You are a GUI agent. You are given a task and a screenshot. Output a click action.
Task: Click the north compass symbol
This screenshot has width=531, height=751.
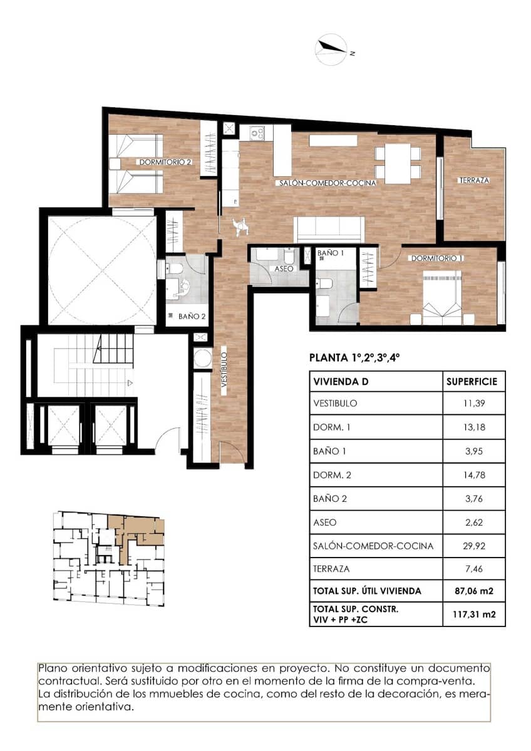tap(332, 51)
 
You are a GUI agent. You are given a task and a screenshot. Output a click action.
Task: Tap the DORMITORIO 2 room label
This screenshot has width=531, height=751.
tap(165, 161)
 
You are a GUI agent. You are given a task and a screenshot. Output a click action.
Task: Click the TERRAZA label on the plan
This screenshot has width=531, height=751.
tap(473, 180)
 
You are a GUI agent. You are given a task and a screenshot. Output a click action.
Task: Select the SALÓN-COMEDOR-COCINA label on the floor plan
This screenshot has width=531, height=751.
tap(327, 183)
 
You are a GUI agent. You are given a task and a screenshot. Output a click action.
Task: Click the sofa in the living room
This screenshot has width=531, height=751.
tap(330, 228)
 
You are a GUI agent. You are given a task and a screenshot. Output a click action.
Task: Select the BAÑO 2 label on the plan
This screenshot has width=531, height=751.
tap(192, 317)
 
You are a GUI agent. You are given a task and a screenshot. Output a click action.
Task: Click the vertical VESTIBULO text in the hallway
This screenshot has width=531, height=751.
tap(224, 372)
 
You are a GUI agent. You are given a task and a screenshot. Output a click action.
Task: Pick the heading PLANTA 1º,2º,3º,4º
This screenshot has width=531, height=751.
tap(354, 359)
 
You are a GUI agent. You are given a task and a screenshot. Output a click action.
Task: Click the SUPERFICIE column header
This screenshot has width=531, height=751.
tap(471, 381)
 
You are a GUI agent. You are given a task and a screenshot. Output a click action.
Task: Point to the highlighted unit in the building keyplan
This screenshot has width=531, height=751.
tap(139, 529)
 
